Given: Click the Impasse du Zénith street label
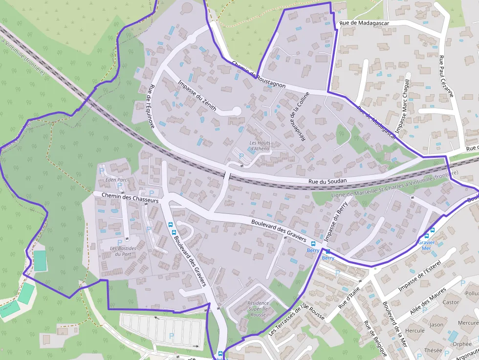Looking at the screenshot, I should (197, 96).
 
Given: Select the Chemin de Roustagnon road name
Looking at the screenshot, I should (259, 75).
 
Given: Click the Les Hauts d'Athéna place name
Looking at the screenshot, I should (260, 146).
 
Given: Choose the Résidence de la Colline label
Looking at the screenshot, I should (299, 117).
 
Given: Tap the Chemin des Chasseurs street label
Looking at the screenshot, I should (131, 197).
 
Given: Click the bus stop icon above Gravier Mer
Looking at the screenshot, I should (432, 231).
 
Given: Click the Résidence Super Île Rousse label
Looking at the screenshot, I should (258, 309).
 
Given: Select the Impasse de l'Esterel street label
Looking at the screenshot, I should (419, 276).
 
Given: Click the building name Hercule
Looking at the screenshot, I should (415, 330).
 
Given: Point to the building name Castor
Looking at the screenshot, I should (450, 302).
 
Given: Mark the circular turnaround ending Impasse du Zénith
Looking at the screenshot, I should (237, 111).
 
